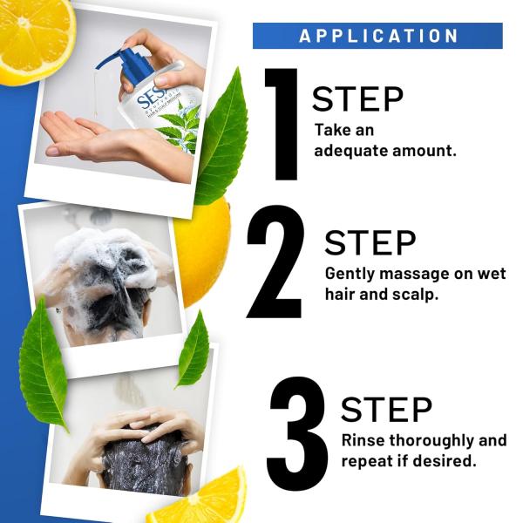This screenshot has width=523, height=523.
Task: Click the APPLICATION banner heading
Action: tap(377, 36)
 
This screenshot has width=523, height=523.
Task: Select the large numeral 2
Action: tap(276, 262)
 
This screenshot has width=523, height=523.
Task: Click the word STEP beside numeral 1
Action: tap(358, 99)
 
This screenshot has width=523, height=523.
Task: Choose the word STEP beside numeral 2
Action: tap(370, 244)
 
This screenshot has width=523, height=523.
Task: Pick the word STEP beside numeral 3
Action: tap(386, 409)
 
